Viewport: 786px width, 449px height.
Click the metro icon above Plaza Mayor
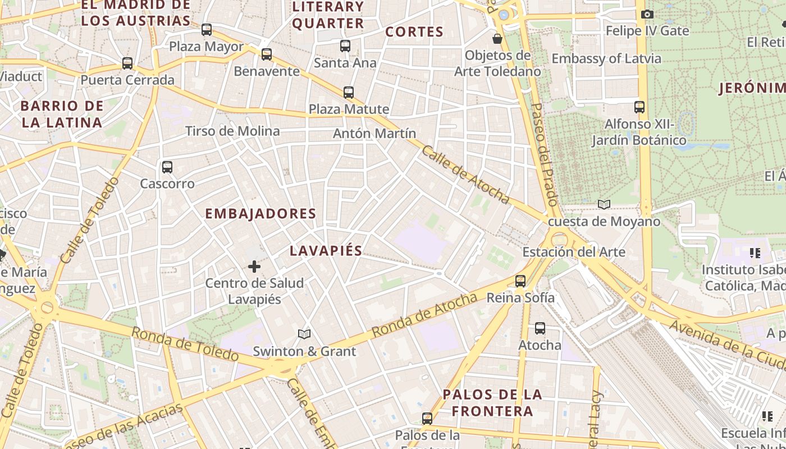pos(207,30)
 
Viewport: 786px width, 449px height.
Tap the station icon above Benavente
pos(267,54)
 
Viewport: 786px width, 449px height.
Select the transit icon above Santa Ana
pos(345,46)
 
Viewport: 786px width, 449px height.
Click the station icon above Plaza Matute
pos(349,92)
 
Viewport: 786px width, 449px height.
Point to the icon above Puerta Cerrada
pos(127,63)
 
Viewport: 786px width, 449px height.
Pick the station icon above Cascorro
pos(167,167)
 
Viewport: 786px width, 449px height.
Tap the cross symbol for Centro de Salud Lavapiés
pos(254,267)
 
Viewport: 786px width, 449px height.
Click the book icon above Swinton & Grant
pos(304,335)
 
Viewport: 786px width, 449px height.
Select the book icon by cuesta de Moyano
pos(604,205)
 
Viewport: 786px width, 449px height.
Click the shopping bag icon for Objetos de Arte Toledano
pos(497,39)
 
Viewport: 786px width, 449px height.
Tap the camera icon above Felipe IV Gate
pos(647,14)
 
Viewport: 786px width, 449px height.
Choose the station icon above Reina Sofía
pos(520,281)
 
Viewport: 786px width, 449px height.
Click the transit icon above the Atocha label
pos(540,328)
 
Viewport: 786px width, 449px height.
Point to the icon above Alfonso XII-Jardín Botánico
pos(639,107)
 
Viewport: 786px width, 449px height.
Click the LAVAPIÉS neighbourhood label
pos(326,251)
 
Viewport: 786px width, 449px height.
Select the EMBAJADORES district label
pos(261,214)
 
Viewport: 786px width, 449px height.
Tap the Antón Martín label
pos(374,134)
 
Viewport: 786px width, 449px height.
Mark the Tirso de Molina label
pos(232,131)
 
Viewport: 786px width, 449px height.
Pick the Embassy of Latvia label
pos(606,58)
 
